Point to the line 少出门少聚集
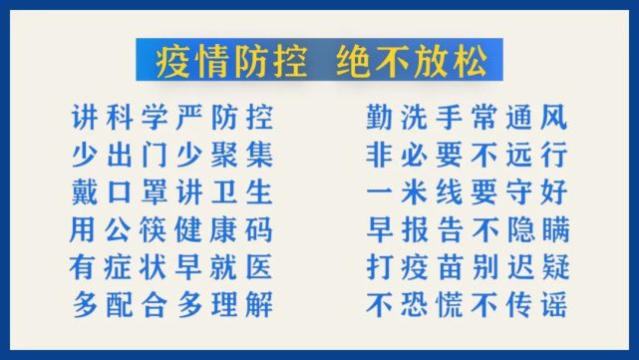pyautogui.click(x=171, y=156)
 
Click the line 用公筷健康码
pyautogui.click(x=171, y=229)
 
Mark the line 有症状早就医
pyautogui.click(x=171, y=266)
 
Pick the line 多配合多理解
pyautogui.click(x=171, y=303)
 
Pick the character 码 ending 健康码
pyautogui.click(x=257, y=229)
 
